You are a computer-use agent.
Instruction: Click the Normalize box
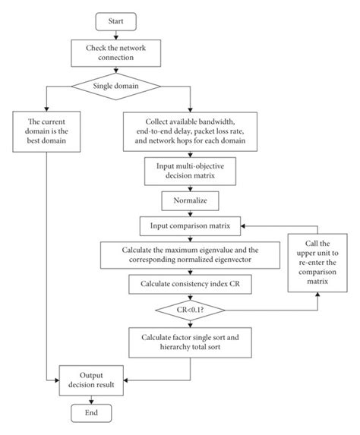pos(190,201)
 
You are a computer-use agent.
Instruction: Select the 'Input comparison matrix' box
pos(190,226)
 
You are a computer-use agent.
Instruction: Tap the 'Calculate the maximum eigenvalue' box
pos(190,255)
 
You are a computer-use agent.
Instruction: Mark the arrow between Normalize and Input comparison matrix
pos(190,213)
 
